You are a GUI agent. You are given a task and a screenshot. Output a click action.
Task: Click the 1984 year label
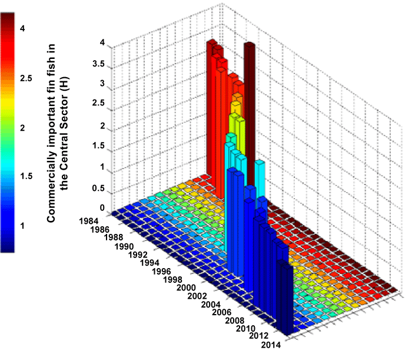pos(91,219)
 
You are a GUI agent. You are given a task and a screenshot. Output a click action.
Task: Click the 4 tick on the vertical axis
pos(102,43)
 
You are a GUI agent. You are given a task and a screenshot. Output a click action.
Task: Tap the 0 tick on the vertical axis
pos(102,208)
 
